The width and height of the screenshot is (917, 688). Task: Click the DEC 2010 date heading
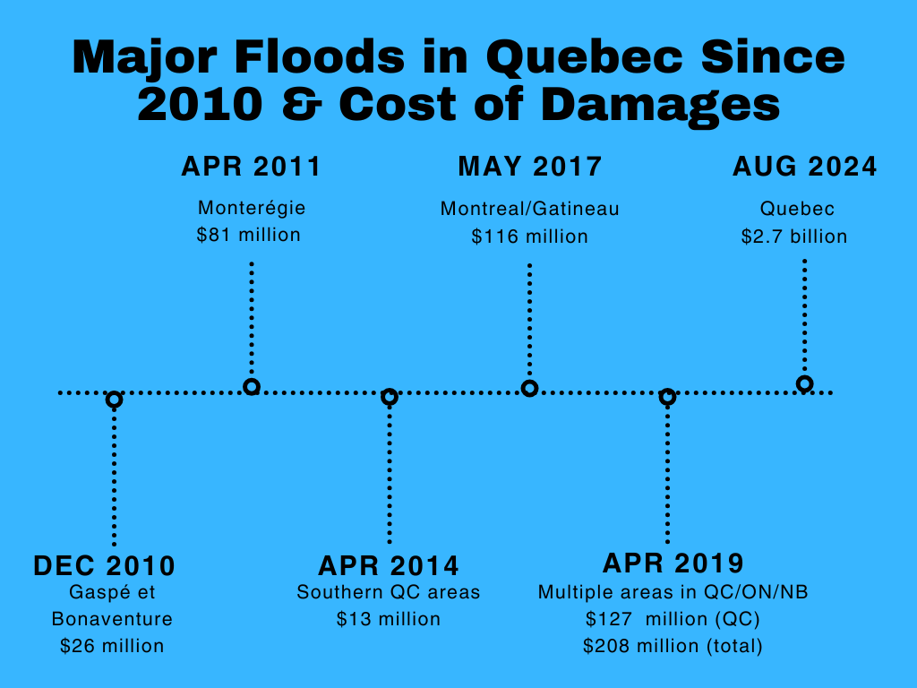click(104, 566)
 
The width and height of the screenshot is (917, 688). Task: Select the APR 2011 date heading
click(251, 168)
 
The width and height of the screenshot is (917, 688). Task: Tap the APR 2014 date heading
click(389, 566)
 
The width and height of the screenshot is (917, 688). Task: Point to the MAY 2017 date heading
click(529, 168)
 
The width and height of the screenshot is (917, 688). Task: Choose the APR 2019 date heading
click(673, 563)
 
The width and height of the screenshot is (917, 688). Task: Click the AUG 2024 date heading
click(804, 168)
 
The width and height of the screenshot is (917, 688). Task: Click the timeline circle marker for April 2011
click(252, 387)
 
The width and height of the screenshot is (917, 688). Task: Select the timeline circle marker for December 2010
click(114, 400)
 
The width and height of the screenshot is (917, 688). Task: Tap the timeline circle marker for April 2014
click(389, 397)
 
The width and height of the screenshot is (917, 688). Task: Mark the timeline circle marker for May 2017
click(529, 388)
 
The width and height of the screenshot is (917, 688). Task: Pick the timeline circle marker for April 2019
click(667, 397)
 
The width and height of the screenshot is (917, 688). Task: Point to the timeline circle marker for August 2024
click(804, 384)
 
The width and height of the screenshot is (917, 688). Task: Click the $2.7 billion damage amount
click(793, 236)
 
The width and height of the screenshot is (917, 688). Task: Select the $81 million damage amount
click(249, 236)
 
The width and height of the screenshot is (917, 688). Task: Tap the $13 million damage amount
click(389, 619)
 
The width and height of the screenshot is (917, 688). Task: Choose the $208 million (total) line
click(673, 645)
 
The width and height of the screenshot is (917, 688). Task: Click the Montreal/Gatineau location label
click(529, 210)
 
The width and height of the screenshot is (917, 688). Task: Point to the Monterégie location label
click(252, 209)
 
